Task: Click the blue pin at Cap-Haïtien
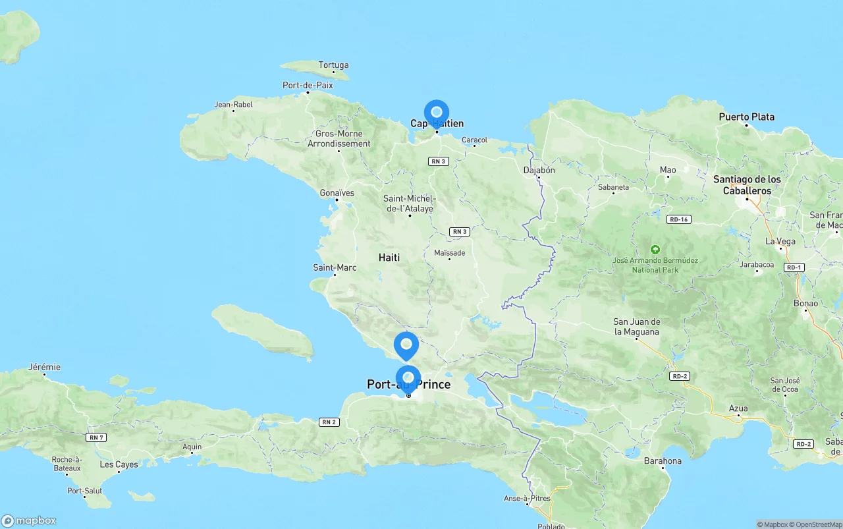[x=436, y=113]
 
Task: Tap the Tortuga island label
[x=333, y=65]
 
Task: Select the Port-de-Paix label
[x=308, y=85]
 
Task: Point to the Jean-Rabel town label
[x=233, y=104]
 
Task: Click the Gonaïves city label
[x=337, y=193]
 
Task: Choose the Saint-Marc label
[x=335, y=267]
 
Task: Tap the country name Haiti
[x=389, y=257]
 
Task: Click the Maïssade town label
[x=450, y=253]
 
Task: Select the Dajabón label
[x=539, y=170]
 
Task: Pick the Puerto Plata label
[x=746, y=117]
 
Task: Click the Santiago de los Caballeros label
[x=747, y=185]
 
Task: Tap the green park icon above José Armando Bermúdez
[x=655, y=250]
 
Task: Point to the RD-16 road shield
[x=678, y=219]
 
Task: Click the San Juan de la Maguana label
[x=636, y=327]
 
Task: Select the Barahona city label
[x=663, y=460]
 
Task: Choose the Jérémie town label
[x=44, y=367]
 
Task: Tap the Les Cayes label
[x=119, y=464]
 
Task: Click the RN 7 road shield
[x=96, y=437]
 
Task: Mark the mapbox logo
[x=28, y=520]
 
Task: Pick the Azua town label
[x=738, y=408]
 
